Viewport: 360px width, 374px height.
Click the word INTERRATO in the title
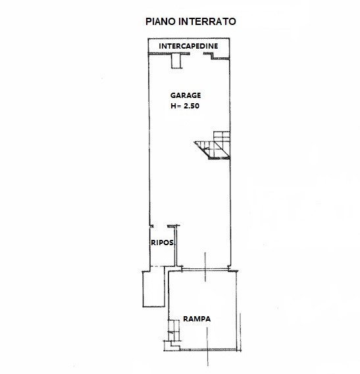[207, 22]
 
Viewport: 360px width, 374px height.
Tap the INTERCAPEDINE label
[188, 46]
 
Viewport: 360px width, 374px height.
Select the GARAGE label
[186, 95]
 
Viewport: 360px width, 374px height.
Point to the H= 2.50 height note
[185, 106]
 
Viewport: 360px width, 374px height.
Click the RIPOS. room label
[163, 243]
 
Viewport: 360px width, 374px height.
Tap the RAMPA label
[197, 319]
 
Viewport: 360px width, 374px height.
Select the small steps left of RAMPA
[174, 331]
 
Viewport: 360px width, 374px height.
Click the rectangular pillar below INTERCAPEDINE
[176, 61]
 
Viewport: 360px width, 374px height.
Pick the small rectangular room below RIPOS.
[154, 289]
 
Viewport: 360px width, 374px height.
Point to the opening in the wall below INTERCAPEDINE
[197, 54]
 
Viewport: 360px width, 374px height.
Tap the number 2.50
[192, 106]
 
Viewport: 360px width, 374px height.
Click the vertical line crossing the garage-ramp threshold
[205, 267]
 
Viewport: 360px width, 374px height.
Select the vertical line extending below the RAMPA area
[207, 346]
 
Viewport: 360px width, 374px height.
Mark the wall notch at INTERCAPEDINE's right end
[212, 57]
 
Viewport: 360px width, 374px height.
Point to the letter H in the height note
[173, 106]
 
